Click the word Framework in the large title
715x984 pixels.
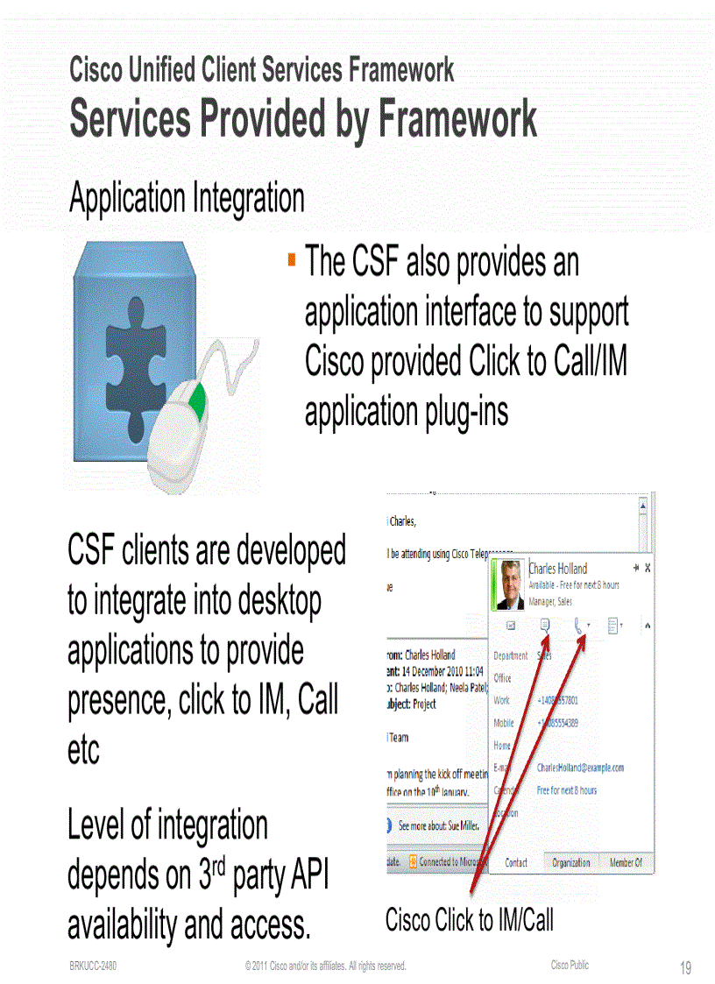457,120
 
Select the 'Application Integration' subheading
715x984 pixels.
187,198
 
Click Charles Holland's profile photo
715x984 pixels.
507,584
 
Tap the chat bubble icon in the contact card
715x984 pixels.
545,625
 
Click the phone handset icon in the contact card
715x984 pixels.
578,625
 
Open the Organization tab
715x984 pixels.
570,862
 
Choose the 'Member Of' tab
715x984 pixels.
626,862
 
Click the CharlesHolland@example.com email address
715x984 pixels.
580,768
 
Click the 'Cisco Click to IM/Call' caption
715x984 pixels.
470,920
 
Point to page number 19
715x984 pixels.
685,967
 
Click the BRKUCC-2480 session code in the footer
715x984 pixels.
94,966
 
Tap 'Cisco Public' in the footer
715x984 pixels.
570,965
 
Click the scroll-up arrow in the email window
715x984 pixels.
642,506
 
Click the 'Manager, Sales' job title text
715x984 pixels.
551,602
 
